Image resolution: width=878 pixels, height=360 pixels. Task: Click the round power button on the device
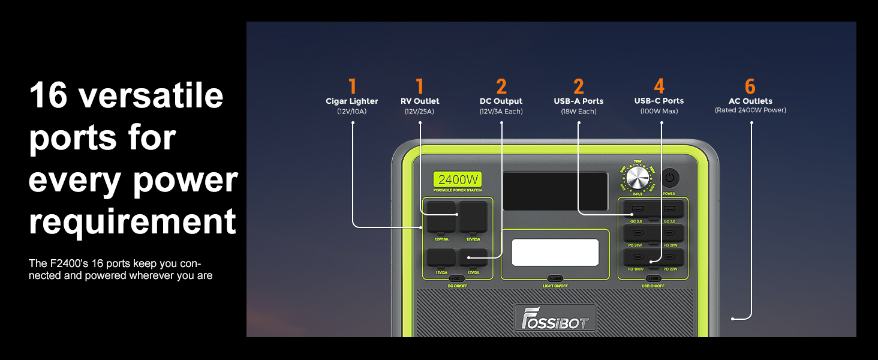click(x=669, y=178)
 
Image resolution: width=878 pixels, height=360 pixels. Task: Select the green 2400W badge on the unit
click(x=458, y=179)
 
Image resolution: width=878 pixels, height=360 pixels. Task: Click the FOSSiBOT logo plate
click(x=555, y=318)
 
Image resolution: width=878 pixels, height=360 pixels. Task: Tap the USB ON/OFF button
click(x=653, y=278)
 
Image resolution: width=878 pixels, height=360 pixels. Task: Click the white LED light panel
click(x=555, y=253)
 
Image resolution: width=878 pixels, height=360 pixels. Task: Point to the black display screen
click(x=555, y=191)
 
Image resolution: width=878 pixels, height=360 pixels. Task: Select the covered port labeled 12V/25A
click(x=473, y=216)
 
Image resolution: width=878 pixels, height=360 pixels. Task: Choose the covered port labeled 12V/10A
click(x=441, y=216)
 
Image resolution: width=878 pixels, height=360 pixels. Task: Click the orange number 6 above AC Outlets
click(x=750, y=86)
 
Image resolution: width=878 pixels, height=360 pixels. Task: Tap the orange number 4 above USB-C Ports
click(x=659, y=86)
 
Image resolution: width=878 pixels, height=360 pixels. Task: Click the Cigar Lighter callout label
click(x=351, y=101)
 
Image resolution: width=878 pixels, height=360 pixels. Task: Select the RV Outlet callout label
click(x=420, y=101)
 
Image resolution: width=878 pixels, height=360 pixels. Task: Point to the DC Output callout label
click(x=501, y=101)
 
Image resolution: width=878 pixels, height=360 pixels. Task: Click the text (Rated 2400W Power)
click(x=750, y=110)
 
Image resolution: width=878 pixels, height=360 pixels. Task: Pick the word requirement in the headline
click(x=133, y=221)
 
